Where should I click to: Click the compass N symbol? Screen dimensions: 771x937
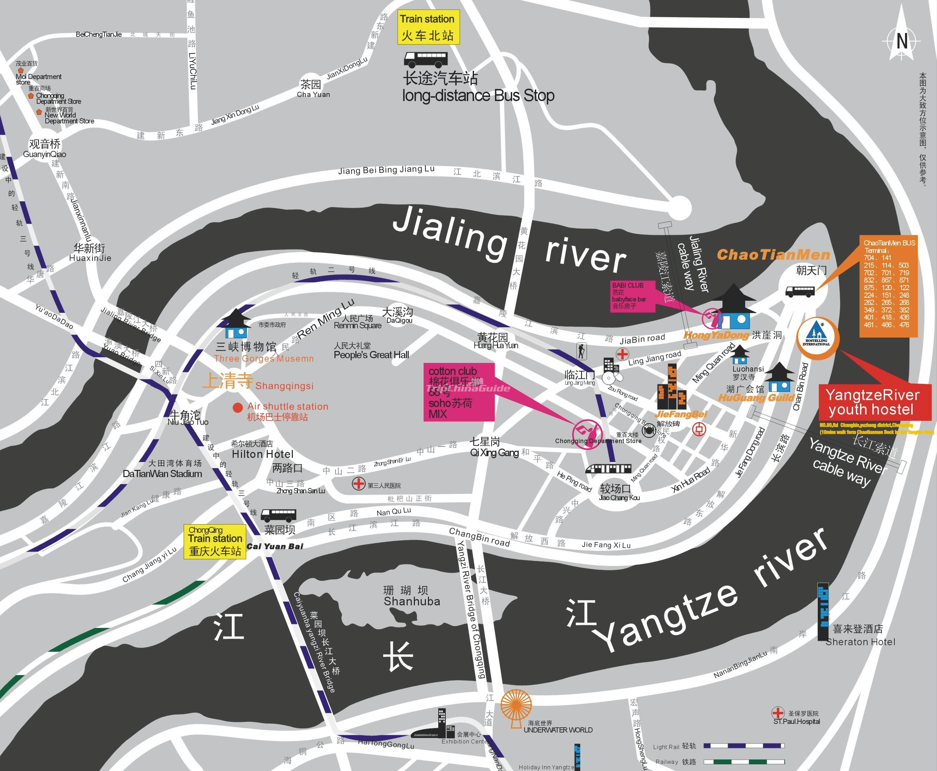pyautogui.click(x=902, y=41)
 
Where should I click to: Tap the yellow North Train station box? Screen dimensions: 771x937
pyautogui.click(x=428, y=27)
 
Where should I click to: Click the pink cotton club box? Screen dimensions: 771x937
pyautogui.click(x=459, y=392)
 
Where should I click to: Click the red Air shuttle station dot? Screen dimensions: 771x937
pyautogui.click(x=238, y=407)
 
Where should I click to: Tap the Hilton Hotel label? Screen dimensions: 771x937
pyautogui.click(x=263, y=454)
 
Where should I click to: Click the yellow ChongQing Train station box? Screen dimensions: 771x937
pyautogui.click(x=215, y=541)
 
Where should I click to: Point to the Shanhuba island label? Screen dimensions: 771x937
pyautogui.click(x=412, y=601)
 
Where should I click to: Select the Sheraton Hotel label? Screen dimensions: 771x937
pyautogui.click(x=860, y=642)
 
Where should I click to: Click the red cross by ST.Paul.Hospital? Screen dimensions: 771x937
pyautogui.click(x=778, y=713)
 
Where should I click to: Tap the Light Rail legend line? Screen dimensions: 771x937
pyautogui.click(x=744, y=746)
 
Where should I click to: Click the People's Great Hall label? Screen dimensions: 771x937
pyautogui.click(x=371, y=354)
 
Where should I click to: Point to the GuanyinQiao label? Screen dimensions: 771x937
pyautogui.click(x=44, y=154)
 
